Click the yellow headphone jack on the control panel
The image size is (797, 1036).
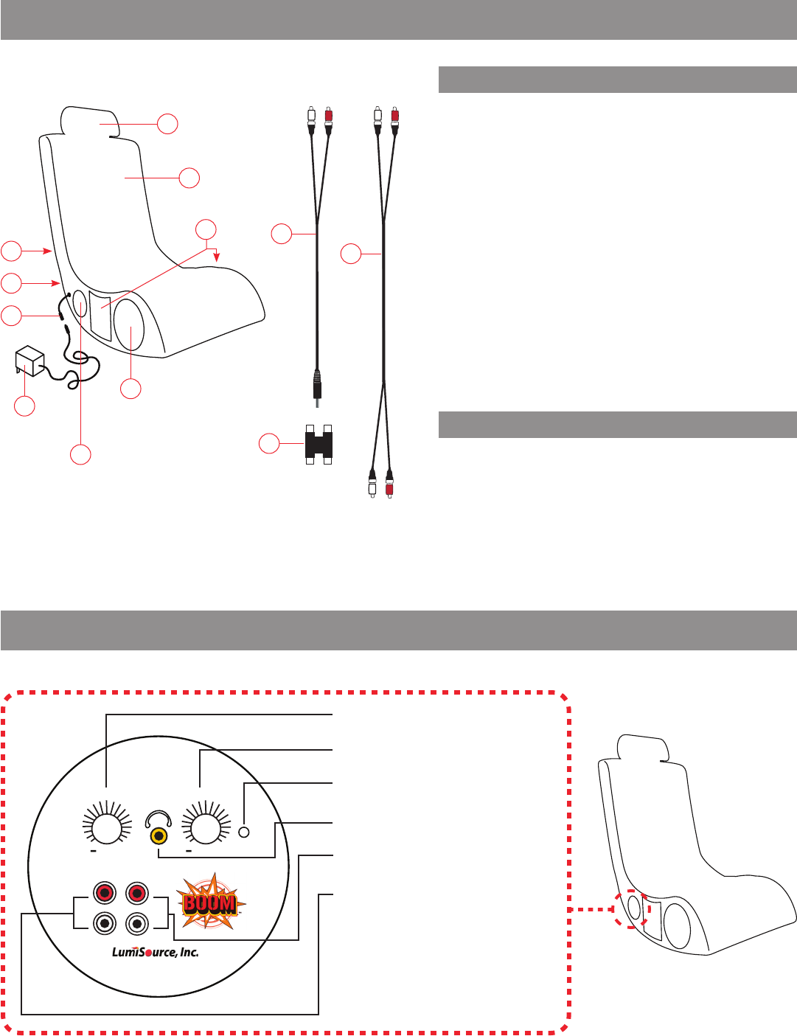point(158,836)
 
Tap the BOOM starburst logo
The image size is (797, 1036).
point(210,903)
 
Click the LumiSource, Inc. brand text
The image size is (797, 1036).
point(155,952)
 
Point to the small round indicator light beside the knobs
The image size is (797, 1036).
point(246,832)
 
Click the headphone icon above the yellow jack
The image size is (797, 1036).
point(158,818)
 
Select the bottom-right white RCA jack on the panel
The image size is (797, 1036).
point(137,922)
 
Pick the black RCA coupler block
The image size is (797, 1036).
point(318,445)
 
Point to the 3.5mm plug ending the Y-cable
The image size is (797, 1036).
point(318,386)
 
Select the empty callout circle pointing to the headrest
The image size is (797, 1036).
point(168,123)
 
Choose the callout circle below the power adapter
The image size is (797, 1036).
point(25,406)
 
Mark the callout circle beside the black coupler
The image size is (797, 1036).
point(269,444)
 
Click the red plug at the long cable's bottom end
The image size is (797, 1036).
point(389,487)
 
